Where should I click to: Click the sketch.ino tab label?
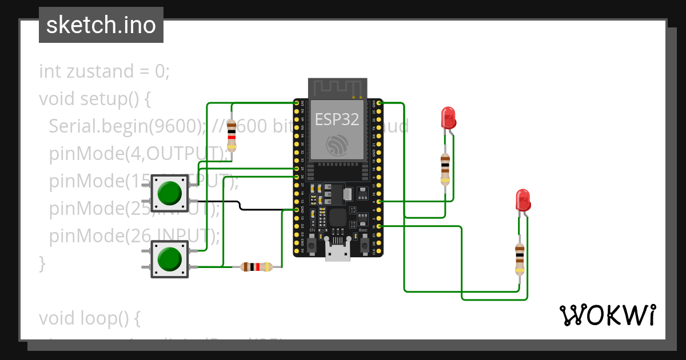[x=101, y=25]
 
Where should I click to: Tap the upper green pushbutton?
[x=169, y=193]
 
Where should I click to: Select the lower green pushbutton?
[x=169, y=259]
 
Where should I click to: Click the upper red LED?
[x=448, y=118]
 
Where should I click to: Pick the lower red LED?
[x=523, y=200]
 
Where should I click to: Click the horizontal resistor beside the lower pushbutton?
[x=256, y=266]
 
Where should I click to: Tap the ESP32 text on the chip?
[x=337, y=119]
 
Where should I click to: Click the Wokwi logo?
[x=607, y=315]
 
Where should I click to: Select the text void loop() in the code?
[x=89, y=317]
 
